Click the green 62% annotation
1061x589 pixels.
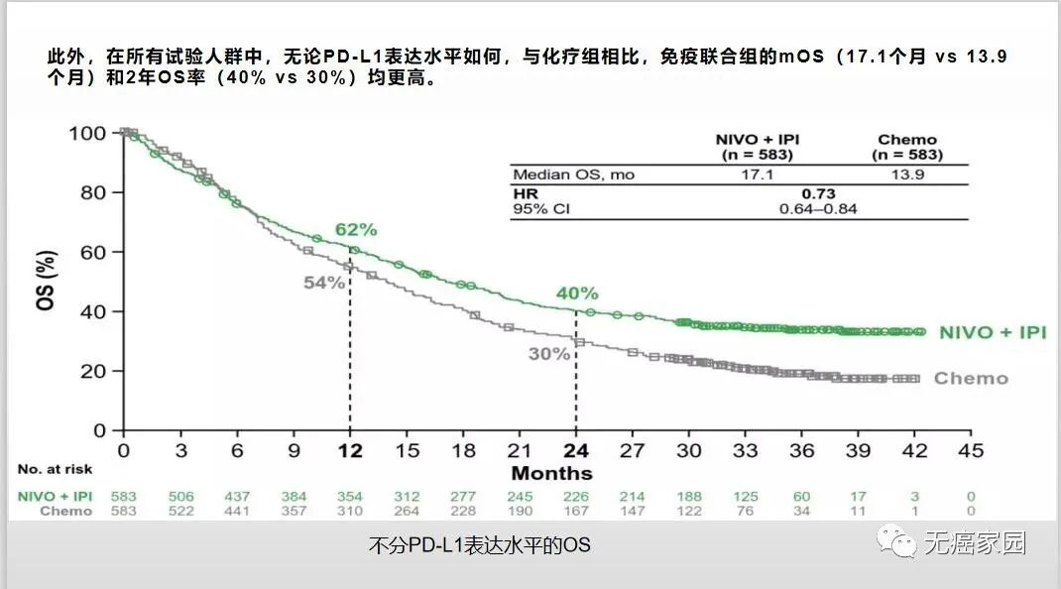[x=356, y=229]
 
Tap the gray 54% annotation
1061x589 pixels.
[x=323, y=283]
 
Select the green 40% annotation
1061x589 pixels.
[x=576, y=294]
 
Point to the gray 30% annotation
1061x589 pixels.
[x=549, y=353]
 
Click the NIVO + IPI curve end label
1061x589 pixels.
[x=992, y=332]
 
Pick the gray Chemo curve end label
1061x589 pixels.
[x=971, y=378]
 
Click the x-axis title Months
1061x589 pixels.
[x=551, y=473]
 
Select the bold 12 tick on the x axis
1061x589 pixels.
[x=349, y=450]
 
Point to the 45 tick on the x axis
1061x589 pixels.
[x=971, y=450]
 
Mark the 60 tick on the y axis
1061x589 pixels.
[x=95, y=252]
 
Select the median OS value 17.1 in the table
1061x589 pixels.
[x=758, y=175]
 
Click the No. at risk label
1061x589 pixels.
[x=54, y=469]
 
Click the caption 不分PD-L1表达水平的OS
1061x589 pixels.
[x=479, y=545]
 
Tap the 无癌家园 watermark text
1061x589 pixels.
[x=975, y=543]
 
